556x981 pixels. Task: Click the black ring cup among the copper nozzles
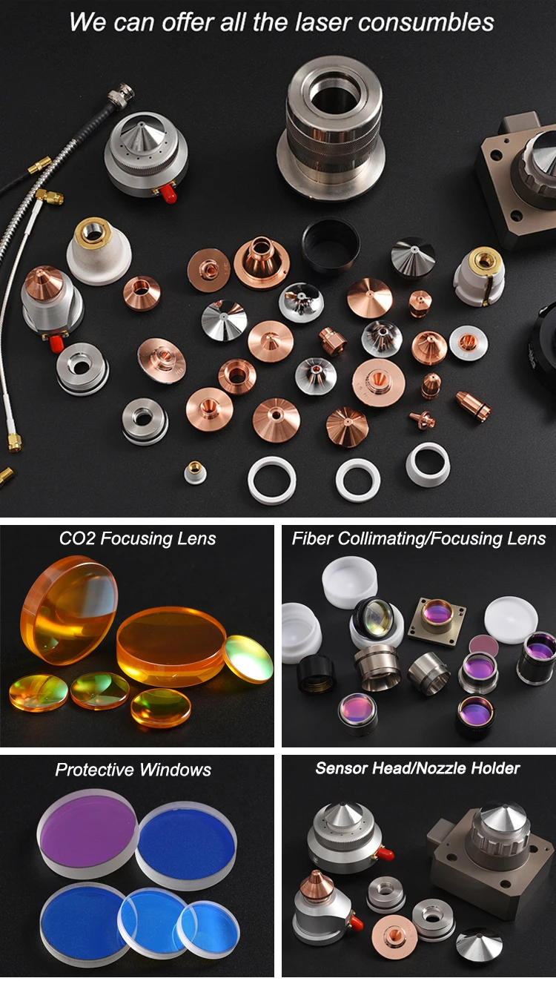331,244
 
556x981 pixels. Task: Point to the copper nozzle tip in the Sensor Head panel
317,882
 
